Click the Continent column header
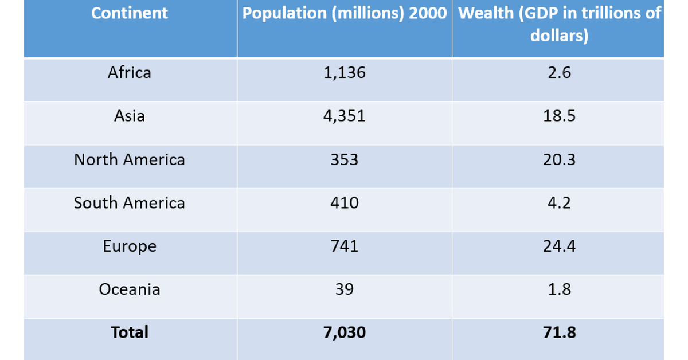click(130, 14)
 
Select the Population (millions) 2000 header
click(345, 14)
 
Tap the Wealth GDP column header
click(560, 24)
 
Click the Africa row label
click(130, 73)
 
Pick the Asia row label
click(130, 116)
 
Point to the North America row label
click(130, 159)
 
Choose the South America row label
click(130, 203)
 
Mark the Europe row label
click(130, 246)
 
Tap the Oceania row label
click(130, 289)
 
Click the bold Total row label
click(130, 332)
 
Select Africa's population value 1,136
click(345, 73)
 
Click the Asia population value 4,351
click(345, 116)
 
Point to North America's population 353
click(345, 159)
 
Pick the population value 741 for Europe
click(345, 246)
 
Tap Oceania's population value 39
click(345, 289)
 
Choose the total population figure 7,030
click(345, 332)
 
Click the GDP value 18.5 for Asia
click(560, 116)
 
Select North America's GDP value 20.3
click(560, 159)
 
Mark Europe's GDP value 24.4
click(560, 246)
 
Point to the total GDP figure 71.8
click(560, 332)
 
